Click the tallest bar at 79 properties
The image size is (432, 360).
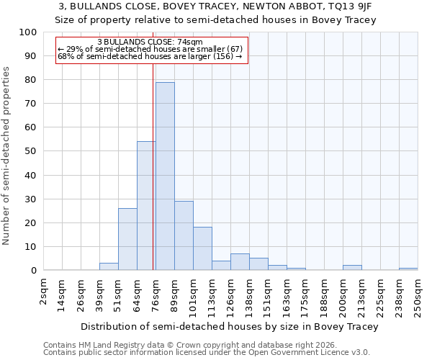[x=165, y=176]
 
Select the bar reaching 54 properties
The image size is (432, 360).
[x=146, y=206]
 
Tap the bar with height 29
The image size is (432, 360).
[x=184, y=235]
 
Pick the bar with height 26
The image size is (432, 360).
[x=127, y=239]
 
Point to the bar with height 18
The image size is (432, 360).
[x=202, y=249]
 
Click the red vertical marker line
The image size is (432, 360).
[x=153, y=166]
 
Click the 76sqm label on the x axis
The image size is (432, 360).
[x=156, y=294]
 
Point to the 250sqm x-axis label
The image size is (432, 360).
[x=418, y=296]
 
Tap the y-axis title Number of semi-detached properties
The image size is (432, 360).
[x=6, y=156]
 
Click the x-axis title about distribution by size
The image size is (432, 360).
[x=229, y=326]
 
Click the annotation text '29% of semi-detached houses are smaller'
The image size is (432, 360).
[x=150, y=49]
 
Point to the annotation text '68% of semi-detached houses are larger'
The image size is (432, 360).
[x=150, y=56]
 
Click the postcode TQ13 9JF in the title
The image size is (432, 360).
[x=359, y=6]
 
